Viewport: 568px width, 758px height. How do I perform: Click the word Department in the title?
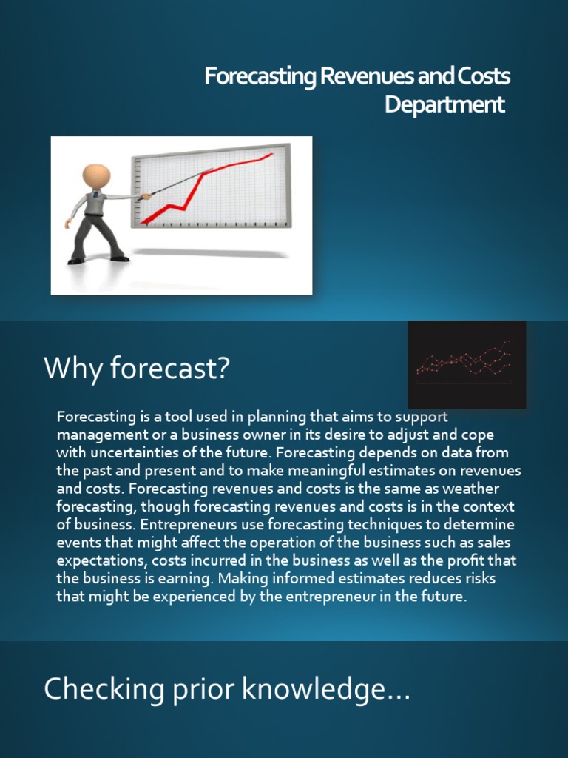point(444,104)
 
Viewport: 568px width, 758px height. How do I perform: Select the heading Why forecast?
point(137,368)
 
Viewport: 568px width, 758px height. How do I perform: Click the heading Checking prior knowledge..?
point(226,690)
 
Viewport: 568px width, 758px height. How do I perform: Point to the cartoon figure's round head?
point(96,176)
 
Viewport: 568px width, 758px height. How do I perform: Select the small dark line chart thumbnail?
point(467,363)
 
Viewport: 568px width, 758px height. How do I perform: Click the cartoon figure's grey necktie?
point(96,201)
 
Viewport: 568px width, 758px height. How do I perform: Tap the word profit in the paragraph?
point(471,560)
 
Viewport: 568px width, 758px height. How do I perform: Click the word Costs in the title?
point(484,76)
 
